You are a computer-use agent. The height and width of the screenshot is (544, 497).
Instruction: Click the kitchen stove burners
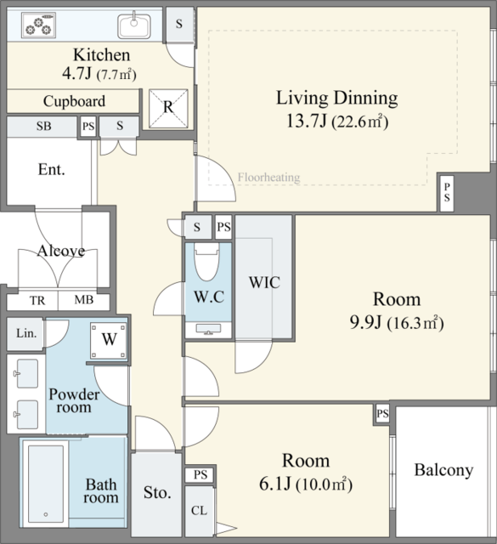coord(38,25)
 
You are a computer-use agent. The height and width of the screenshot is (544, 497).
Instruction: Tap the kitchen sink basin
coord(134,25)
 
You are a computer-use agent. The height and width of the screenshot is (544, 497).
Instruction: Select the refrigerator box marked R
coord(168,109)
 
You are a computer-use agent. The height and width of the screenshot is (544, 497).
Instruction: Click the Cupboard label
coord(74,101)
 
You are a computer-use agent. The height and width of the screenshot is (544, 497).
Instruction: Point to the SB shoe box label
coord(43,126)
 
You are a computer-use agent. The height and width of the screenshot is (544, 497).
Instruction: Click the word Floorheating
coord(268,178)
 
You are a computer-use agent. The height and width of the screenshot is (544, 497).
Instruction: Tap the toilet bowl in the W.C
coord(206,261)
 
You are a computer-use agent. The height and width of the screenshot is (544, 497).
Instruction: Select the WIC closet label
coord(264,282)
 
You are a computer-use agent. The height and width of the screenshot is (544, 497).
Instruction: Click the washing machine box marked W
coord(109,341)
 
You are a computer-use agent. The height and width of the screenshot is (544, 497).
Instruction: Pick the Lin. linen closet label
coord(26,333)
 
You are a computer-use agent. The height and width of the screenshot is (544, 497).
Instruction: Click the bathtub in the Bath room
coord(46,484)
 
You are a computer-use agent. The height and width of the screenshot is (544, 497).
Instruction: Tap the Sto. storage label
coord(157,493)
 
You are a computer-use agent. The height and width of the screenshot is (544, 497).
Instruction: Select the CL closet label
coord(199,511)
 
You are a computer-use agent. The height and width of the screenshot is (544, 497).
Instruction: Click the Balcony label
coord(444,470)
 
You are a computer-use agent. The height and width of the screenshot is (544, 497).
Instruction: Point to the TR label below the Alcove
coord(37,300)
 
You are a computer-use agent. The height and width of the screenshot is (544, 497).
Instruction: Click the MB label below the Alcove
coord(84,300)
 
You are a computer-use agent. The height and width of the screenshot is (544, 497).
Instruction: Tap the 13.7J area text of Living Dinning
coord(307,122)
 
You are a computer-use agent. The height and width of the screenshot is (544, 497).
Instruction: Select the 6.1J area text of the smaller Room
coord(275,484)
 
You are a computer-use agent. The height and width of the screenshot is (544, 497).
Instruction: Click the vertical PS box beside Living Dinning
coord(447,193)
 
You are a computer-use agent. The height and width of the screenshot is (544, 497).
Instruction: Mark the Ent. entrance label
coord(51,170)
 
